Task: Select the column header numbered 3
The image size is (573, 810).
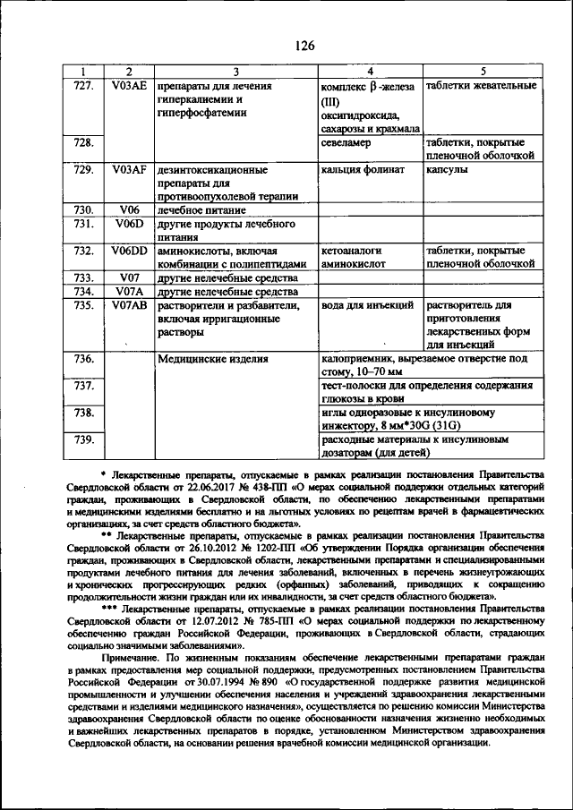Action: pyautogui.click(x=235, y=71)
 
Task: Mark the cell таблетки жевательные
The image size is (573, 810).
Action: pyautogui.click(x=481, y=86)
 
